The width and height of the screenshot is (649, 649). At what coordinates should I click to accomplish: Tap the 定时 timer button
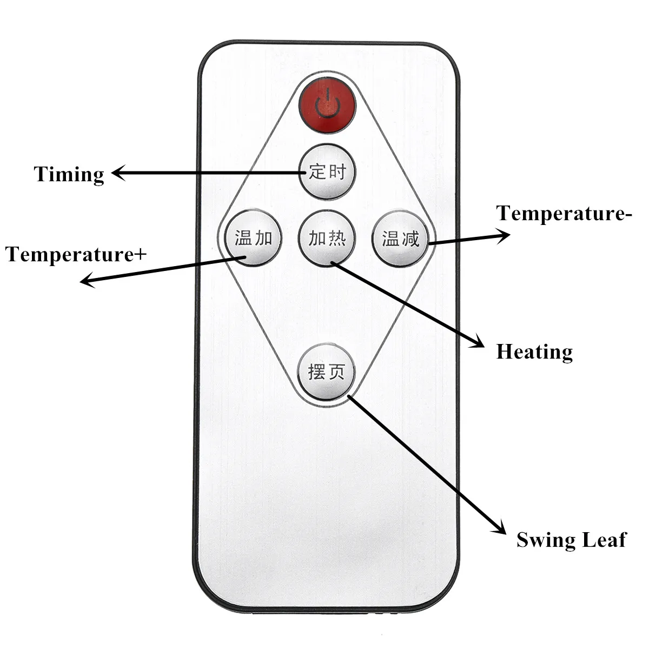pyautogui.click(x=327, y=172)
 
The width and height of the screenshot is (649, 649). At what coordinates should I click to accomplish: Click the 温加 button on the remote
pyautogui.click(x=253, y=238)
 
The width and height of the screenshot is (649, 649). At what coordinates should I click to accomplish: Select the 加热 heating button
pyautogui.click(x=327, y=238)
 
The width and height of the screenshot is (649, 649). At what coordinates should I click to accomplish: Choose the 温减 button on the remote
pyautogui.click(x=400, y=239)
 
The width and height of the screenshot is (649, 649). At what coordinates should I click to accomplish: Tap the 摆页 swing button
pyautogui.click(x=326, y=372)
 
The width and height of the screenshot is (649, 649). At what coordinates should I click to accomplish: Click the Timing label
pyautogui.click(x=69, y=175)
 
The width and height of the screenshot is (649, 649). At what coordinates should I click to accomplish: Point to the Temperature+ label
pyautogui.click(x=76, y=254)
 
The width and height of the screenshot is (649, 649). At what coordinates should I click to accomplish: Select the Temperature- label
pyautogui.click(x=564, y=213)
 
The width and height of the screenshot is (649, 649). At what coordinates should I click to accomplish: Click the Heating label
pyautogui.click(x=534, y=352)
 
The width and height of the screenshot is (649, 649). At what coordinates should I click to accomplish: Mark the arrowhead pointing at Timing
pyautogui.click(x=118, y=173)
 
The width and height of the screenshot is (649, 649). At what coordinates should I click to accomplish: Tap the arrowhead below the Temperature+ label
pyautogui.click(x=88, y=281)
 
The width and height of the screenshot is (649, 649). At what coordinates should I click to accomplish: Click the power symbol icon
pyautogui.click(x=327, y=104)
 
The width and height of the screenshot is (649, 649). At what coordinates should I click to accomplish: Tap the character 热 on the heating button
pyautogui.click(x=337, y=239)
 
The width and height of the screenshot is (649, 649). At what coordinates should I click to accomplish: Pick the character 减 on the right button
pyautogui.click(x=410, y=239)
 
